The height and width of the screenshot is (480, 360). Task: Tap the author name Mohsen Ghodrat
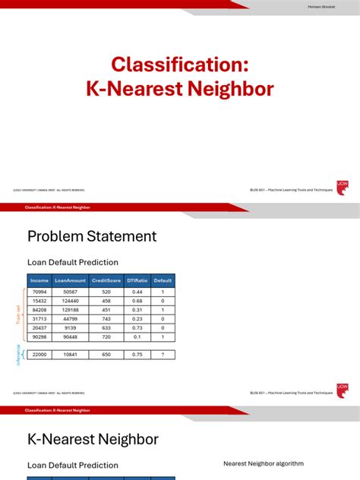[x=320, y=7]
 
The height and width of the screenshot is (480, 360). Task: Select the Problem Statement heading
[x=92, y=236]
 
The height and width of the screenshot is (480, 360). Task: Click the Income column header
[x=39, y=280]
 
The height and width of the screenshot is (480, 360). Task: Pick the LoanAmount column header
[x=71, y=280]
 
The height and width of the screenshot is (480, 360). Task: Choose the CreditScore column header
[x=106, y=280]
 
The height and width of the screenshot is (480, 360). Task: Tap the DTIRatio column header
[x=137, y=280]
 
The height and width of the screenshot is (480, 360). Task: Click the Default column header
[x=163, y=280]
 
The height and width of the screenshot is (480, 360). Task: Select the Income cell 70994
[x=39, y=291]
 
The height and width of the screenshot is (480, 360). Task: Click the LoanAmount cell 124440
[x=71, y=300]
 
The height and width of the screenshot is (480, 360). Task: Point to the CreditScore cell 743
[x=106, y=318]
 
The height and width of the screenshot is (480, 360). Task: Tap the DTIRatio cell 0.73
[x=137, y=327]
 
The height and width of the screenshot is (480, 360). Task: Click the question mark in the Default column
[x=163, y=354]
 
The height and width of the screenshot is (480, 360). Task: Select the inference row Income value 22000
[x=39, y=354]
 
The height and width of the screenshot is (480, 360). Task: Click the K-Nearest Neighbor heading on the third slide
[x=93, y=439]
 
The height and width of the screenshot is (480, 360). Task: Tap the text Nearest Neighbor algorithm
[x=264, y=463]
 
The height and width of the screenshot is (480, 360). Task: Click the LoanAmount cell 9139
[x=71, y=327]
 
